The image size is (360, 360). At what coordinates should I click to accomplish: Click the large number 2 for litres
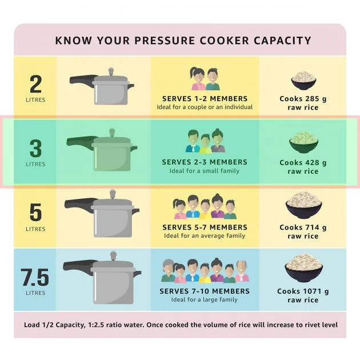click(x=35, y=85)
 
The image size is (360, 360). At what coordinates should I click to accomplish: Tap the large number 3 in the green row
click(x=35, y=149)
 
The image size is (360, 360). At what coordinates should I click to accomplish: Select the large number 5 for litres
click(x=35, y=213)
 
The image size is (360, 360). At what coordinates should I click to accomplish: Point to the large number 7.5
click(x=35, y=278)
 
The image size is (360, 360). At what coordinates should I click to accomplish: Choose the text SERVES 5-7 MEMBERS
click(x=205, y=227)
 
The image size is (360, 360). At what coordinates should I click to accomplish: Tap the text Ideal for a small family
click(x=205, y=171)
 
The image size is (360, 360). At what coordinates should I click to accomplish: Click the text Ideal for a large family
click(x=205, y=299)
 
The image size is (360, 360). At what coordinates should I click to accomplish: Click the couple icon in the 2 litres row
click(x=205, y=79)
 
